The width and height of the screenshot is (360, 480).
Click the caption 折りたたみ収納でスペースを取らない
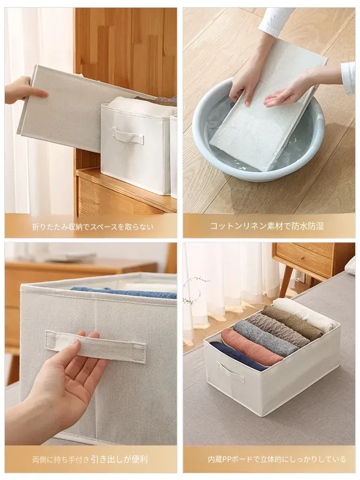pos(93,227)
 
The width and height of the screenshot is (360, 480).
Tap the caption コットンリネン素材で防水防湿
pos(266,226)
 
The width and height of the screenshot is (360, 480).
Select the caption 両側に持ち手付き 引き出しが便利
pos(90,459)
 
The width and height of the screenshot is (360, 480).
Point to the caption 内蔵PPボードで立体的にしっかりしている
pos(277,459)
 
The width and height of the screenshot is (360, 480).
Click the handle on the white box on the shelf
pos(128,136)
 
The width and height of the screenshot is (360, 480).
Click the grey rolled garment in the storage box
pos(265,337)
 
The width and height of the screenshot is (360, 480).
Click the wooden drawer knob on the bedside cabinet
pos(302,258)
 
